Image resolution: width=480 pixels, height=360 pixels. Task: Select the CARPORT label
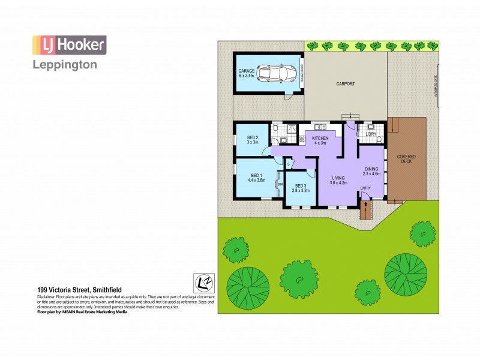coord(346,83)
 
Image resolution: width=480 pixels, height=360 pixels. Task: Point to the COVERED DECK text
coord(406,160)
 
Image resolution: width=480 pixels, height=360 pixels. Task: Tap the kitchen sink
coord(319,127)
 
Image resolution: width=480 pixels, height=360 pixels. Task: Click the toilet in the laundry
coord(380,137)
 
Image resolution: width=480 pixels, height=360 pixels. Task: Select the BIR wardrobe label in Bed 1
coord(280,184)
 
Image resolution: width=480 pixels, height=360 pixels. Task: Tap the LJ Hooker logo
coord(69,45)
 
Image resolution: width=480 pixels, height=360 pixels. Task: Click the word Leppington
coord(64,65)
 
